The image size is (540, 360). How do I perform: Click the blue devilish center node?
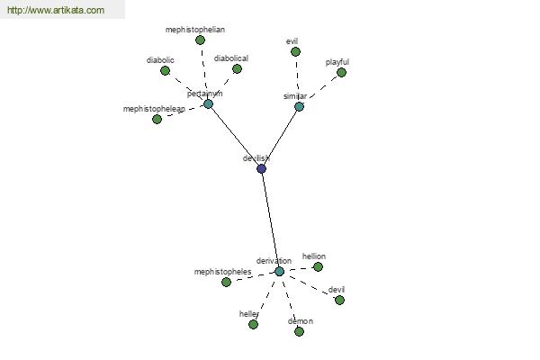pyautogui.click(x=261, y=168)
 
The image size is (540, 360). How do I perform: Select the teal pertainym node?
pyautogui.click(x=208, y=103)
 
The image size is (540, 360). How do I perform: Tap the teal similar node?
pyautogui.click(x=299, y=106)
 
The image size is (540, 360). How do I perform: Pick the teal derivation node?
pyautogui.click(x=279, y=271)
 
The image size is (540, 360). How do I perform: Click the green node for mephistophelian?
pyautogui.click(x=200, y=40)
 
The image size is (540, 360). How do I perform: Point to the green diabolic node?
pyautogui.click(x=165, y=70)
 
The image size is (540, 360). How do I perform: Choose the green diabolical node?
pyautogui.click(x=237, y=68)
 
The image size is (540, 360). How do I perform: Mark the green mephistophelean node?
pyautogui.click(x=157, y=119)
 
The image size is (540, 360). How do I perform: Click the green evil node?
pyautogui.click(x=295, y=51)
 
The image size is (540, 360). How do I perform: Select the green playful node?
pyautogui.click(x=341, y=72)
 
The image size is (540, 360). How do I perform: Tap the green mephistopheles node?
pyautogui.click(x=226, y=282)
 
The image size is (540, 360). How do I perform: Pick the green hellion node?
pyautogui.click(x=318, y=266)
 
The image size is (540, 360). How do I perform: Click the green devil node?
pyautogui.click(x=339, y=300)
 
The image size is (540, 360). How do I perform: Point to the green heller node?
pyautogui.click(x=253, y=324)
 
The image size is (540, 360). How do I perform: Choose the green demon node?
pyautogui.click(x=299, y=331)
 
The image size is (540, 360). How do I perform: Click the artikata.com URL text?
pyautogui.click(x=55, y=11)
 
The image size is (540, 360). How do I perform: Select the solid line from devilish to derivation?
pyautogui.click(x=270, y=220)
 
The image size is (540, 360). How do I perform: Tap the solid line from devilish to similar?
pyautogui.click(x=280, y=138)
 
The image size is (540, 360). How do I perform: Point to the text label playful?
pyautogui.click(x=337, y=62)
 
